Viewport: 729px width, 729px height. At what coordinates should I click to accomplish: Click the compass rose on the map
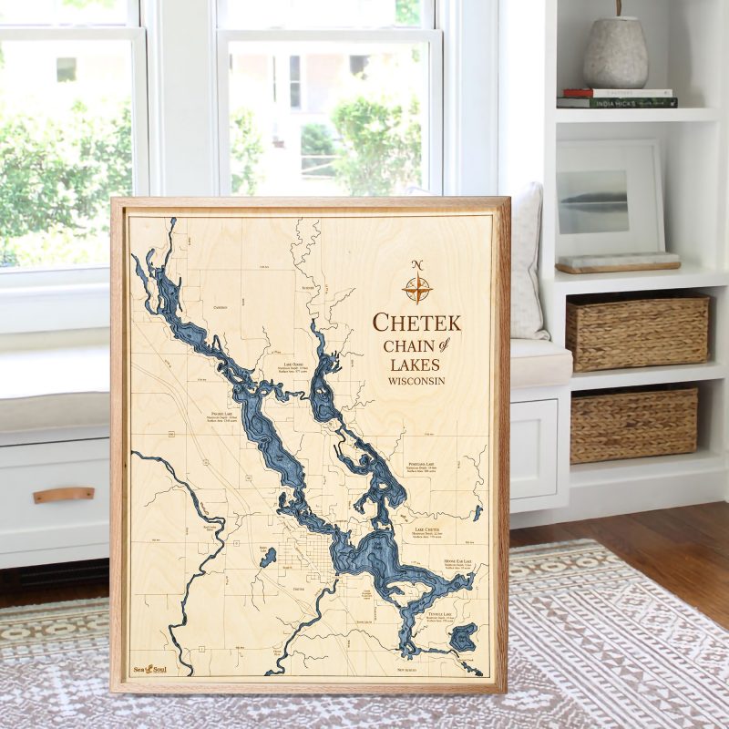click(x=417, y=287)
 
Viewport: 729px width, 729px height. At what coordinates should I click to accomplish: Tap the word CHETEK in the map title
click(x=416, y=323)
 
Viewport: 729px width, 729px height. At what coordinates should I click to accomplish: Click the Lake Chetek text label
click(x=426, y=529)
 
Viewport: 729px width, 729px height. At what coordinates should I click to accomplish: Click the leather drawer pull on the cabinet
click(x=64, y=495)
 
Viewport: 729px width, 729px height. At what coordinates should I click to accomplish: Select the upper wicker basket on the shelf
click(x=637, y=330)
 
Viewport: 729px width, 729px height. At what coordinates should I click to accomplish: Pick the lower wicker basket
click(x=633, y=424)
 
